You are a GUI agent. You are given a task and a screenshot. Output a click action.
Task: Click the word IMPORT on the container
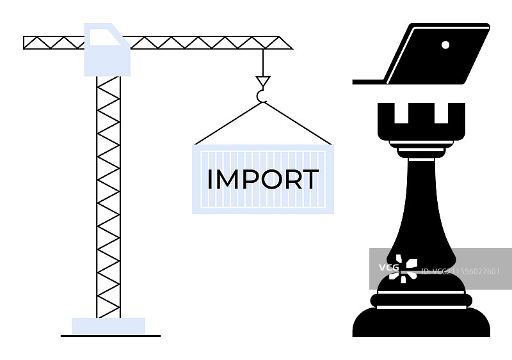point(262,180)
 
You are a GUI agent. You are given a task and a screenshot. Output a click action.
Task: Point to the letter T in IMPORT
point(310,180)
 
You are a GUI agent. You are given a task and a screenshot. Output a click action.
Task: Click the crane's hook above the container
point(262,97)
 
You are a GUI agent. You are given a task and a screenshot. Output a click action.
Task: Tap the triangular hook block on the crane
point(262,81)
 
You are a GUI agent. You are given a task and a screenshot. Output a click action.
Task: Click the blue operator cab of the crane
point(107,50)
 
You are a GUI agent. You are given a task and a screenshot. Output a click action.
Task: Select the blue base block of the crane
point(108,325)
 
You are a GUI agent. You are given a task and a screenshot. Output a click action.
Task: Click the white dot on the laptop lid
point(445,45)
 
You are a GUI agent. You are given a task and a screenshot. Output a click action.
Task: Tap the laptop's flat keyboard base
point(369,82)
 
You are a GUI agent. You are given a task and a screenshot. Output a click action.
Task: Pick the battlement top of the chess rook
point(420,121)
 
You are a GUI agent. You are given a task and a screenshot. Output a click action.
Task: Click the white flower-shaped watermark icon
point(405,268)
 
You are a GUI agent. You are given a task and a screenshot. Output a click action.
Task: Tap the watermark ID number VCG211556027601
point(462,271)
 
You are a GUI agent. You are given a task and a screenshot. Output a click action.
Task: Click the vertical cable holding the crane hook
point(262,62)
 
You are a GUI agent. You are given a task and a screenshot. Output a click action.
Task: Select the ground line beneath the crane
point(110,336)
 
